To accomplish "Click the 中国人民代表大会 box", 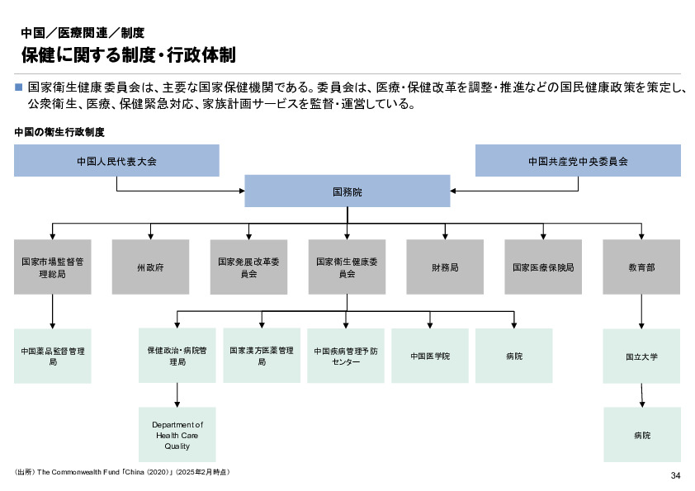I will pyautogui.click(x=116, y=161).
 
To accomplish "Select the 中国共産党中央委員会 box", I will pyautogui.click(x=578, y=161).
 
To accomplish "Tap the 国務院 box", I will pyautogui.click(x=347, y=191).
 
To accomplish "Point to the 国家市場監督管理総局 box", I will pyautogui.click(x=52, y=267).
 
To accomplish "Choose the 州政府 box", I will pyautogui.click(x=150, y=267).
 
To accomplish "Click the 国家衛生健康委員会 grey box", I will pyautogui.click(x=347, y=267).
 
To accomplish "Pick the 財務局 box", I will pyautogui.click(x=444, y=267).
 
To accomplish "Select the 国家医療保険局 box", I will pyautogui.click(x=542, y=267).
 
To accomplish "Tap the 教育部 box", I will pyautogui.click(x=641, y=267).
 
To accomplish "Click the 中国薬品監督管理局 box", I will pyautogui.click(x=52, y=356).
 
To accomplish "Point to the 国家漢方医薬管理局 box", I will pyautogui.click(x=262, y=356).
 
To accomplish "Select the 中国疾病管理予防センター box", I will pyautogui.click(x=346, y=356).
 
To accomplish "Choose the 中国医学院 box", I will pyautogui.click(x=430, y=356).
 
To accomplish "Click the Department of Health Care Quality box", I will pyautogui.click(x=177, y=434).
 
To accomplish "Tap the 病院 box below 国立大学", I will pyautogui.click(x=641, y=434).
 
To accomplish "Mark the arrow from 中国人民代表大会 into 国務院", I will pyautogui.click(x=182, y=191).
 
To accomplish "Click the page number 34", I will pyautogui.click(x=675, y=475).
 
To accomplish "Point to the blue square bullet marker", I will pyautogui.click(x=18, y=86).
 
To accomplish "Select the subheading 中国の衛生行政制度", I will pyautogui.click(x=61, y=132).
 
